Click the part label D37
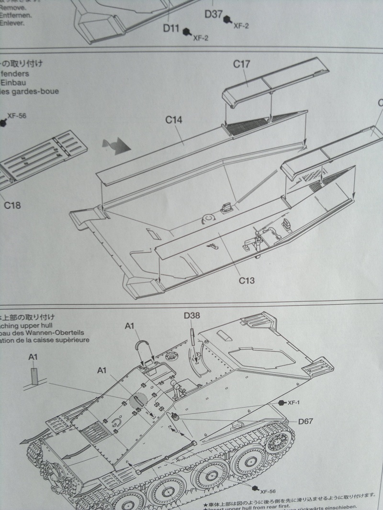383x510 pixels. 213,14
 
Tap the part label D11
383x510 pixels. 171,27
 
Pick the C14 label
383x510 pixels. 174,120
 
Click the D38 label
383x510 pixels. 191,316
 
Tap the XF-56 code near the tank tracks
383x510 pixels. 269,491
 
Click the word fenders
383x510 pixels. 16,74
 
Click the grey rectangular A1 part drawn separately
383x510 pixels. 34,375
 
